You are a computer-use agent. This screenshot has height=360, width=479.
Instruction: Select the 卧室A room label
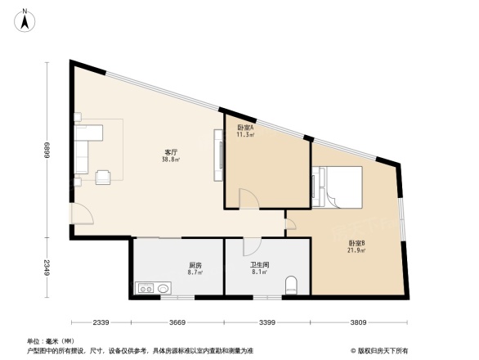245,128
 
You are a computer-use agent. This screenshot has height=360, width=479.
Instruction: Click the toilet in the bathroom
292,286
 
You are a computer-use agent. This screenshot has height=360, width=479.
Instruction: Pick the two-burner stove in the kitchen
146,288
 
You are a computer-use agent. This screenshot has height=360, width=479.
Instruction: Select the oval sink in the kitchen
163,288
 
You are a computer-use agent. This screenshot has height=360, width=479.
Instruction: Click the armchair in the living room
104,177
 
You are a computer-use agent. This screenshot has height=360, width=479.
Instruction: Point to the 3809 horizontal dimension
358,322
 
